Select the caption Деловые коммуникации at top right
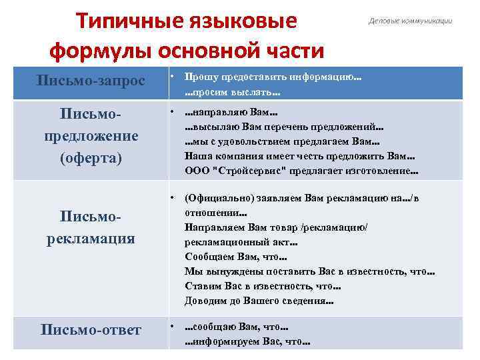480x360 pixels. tap(410, 21)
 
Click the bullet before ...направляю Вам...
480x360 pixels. tap(172, 111)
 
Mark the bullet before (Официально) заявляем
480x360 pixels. tap(172, 198)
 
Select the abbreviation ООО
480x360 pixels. tap(196, 171)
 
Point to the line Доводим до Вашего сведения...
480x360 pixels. tap(259, 301)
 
